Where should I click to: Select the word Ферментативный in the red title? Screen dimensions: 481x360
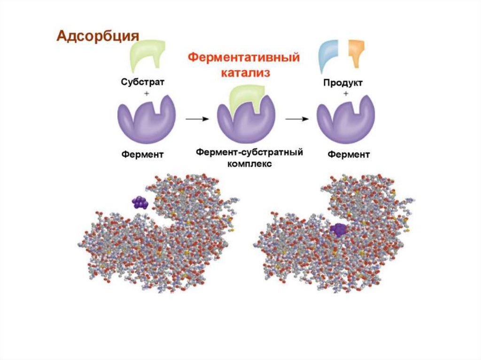pos(244,59)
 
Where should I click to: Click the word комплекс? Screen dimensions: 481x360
pos(248,164)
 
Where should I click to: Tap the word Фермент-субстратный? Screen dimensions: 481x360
pos(248,152)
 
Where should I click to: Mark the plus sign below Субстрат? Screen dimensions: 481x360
pos(146,94)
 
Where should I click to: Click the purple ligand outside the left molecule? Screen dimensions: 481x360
pos(139,202)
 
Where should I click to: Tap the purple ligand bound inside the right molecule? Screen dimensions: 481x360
pos(338,230)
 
